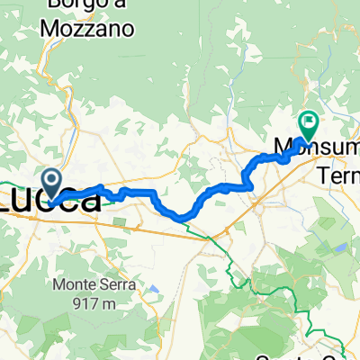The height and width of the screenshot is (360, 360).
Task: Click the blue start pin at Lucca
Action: tap(53, 183)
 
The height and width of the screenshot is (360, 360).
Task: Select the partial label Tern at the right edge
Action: tap(339, 175)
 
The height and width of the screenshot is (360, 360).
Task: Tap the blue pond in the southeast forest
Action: tap(342, 247)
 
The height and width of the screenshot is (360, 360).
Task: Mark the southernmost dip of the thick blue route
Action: tap(180, 216)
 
